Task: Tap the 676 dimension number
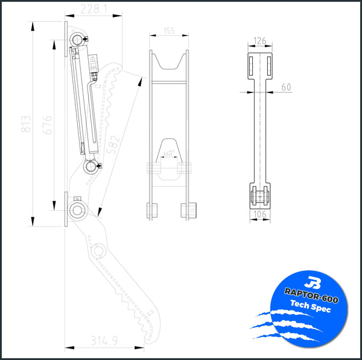pyautogui.click(x=49, y=125)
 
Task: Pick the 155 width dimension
pyautogui.click(x=168, y=30)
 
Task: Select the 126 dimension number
pyautogui.click(x=260, y=42)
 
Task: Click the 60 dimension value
pyautogui.click(x=285, y=88)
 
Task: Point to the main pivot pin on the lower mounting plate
pyautogui.click(x=77, y=210)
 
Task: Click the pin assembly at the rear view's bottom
pyautogui.click(x=260, y=196)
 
